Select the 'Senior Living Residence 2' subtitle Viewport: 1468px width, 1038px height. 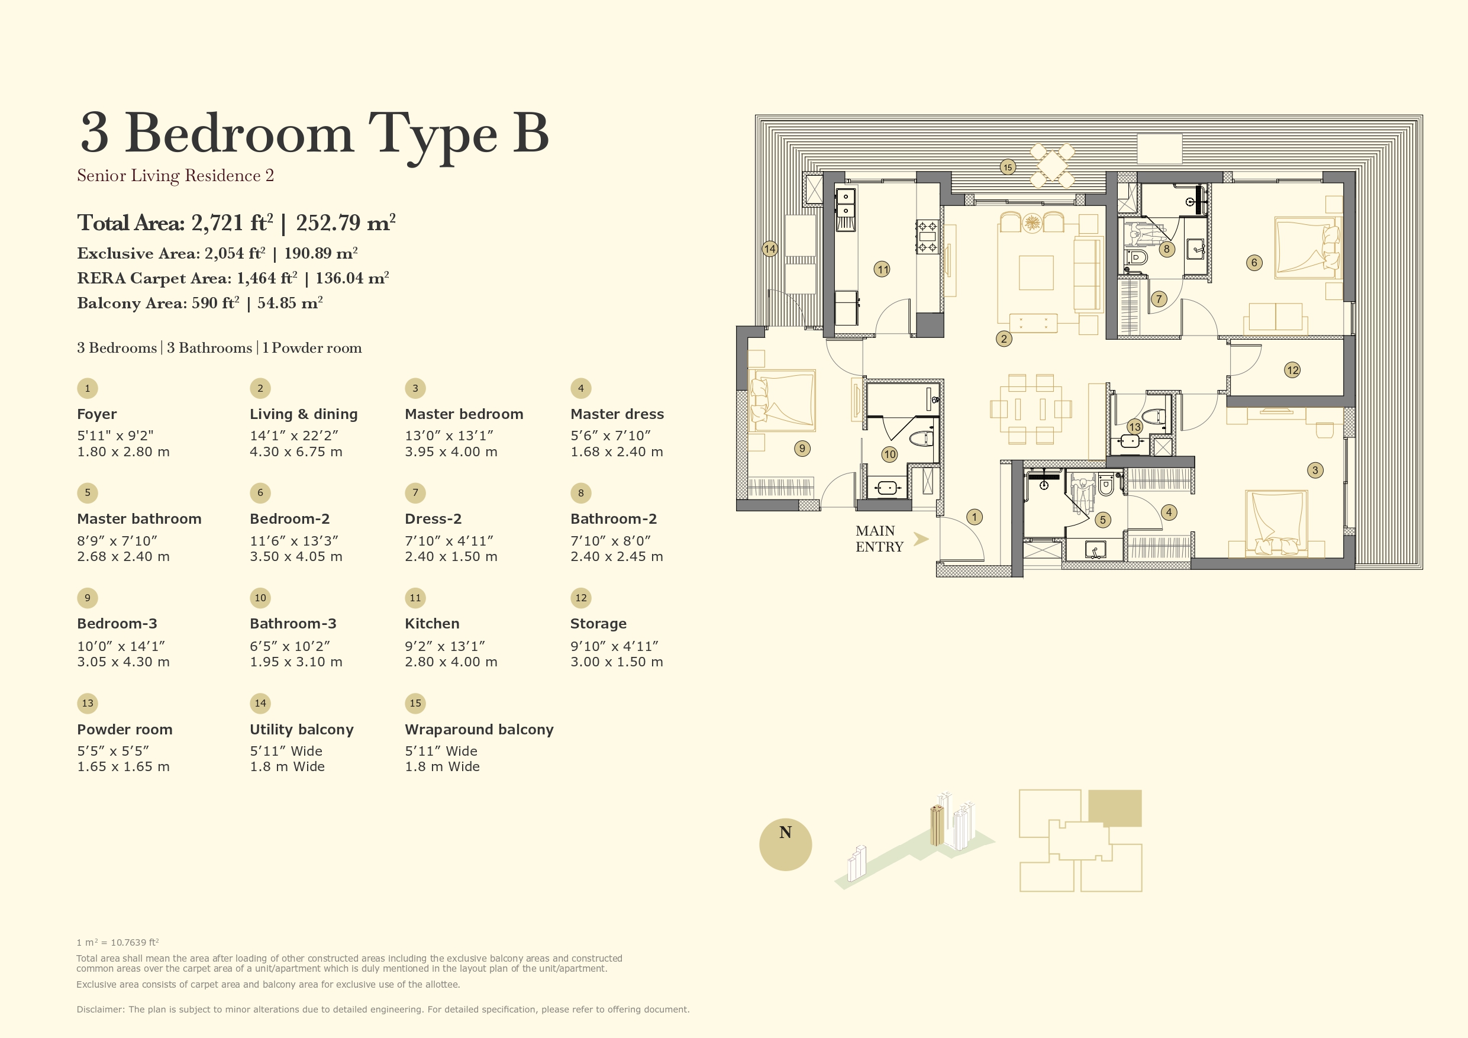click(x=175, y=176)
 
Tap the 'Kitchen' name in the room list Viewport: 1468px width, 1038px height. click(x=431, y=624)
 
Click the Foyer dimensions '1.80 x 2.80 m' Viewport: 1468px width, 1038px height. click(x=124, y=452)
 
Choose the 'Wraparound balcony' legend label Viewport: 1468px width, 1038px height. click(x=479, y=729)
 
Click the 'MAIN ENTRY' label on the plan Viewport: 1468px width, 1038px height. click(x=879, y=539)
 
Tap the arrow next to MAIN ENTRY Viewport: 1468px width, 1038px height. click(x=921, y=539)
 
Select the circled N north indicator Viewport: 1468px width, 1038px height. click(x=785, y=844)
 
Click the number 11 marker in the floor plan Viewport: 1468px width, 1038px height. click(x=882, y=269)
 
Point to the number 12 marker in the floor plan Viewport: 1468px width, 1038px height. click(x=1292, y=370)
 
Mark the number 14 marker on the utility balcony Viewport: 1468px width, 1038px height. click(x=769, y=249)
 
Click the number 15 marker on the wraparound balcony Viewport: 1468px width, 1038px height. click(x=1008, y=167)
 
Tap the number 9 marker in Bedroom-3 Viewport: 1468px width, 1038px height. click(x=802, y=449)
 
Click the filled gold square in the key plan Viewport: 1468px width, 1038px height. click(x=1114, y=808)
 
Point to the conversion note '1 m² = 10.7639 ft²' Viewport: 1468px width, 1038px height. click(x=118, y=942)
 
